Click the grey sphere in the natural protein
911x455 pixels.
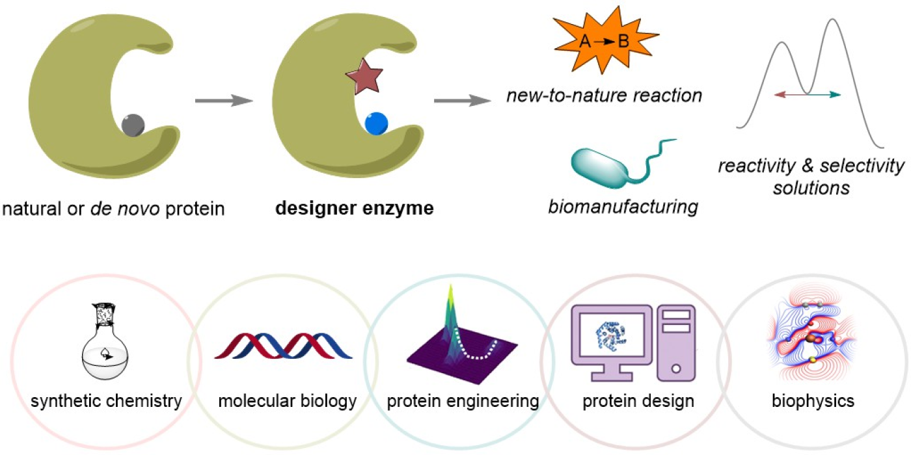133,123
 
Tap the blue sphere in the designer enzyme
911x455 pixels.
377,123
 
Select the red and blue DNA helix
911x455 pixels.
283,346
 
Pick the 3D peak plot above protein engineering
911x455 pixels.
455,339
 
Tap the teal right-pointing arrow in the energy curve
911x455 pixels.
824,95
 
